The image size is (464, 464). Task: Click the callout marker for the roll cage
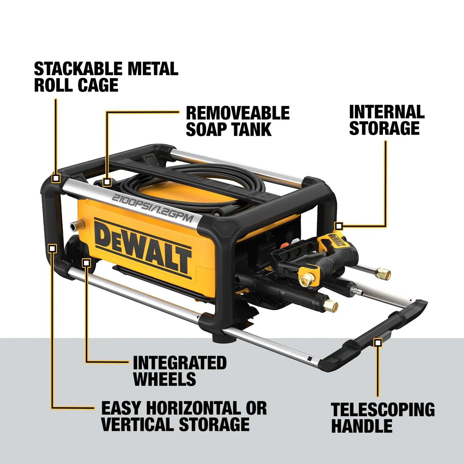pyautogui.click(x=56, y=178)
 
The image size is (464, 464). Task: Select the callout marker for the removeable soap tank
pyautogui.click(x=107, y=182)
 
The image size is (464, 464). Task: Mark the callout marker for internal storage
pyautogui.click(x=339, y=226)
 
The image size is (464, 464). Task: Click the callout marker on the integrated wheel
pyautogui.click(x=86, y=263)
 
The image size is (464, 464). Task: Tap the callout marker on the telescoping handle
pyautogui.click(x=378, y=343)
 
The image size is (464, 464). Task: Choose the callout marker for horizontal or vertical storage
pyautogui.click(x=52, y=248)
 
